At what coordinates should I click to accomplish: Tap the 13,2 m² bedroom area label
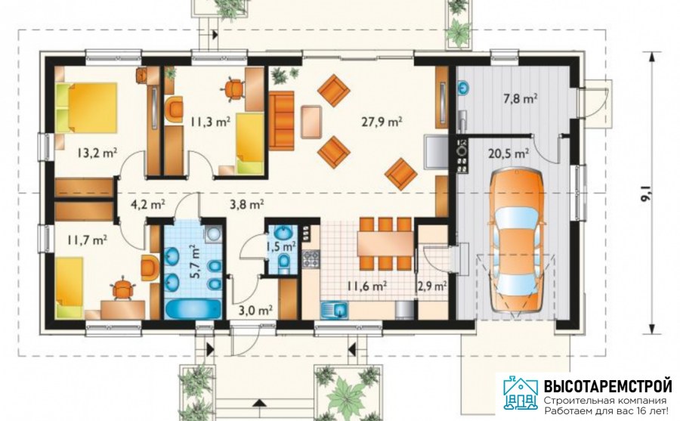pyautogui.click(x=97, y=153)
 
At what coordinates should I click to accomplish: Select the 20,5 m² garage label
pyautogui.click(x=508, y=153)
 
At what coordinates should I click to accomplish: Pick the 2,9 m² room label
pyautogui.click(x=432, y=286)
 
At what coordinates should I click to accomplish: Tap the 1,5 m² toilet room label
pyautogui.click(x=282, y=246)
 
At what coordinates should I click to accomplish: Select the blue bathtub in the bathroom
pyautogui.click(x=193, y=308)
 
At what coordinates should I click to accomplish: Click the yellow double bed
pyautogui.click(x=87, y=107)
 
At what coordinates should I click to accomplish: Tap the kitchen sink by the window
pyautogui.click(x=335, y=311)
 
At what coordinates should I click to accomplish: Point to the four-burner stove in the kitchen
pyautogui.click(x=311, y=258)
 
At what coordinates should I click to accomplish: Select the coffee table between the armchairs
pyautogui.click(x=311, y=122)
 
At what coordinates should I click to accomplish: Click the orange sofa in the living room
pyautogui.click(x=282, y=121)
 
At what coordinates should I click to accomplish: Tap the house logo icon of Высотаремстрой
pyautogui.click(x=521, y=393)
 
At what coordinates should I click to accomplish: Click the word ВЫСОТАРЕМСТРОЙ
pyautogui.click(x=607, y=385)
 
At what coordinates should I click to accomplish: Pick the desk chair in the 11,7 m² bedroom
pyautogui.click(x=124, y=289)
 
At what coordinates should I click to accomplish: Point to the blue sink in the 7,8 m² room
pyautogui.click(x=464, y=87)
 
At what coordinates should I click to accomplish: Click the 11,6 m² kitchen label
pyautogui.click(x=367, y=286)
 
